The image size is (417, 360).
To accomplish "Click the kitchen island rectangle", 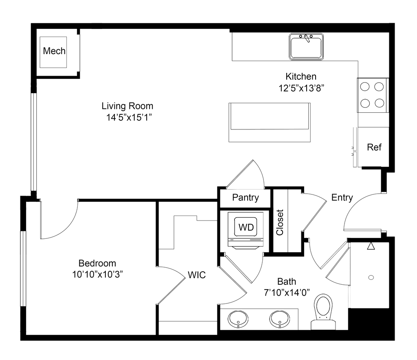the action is click(269, 122).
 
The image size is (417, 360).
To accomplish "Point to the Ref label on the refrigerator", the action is click(375, 147).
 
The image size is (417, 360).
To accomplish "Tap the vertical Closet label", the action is click(280, 223).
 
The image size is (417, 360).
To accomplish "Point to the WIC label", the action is click(197, 275).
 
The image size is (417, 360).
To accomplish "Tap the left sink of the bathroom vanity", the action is click(237, 318).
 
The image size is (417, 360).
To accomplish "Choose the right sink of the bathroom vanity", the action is click(279, 318).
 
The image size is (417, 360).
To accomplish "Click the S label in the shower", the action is click(370, 278).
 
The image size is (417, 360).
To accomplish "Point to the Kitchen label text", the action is click(301, 76).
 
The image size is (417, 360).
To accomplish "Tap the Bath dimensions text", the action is click(288, 292).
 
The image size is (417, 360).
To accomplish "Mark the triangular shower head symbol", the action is click(371, 246).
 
